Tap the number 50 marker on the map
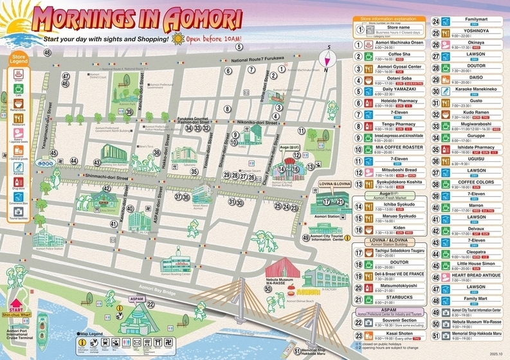pyautogui.click(x=268, y=289)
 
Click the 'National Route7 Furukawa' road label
pyautogui.click(x=257, y=60)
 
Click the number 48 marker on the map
pyautogui.click(x=48, y=51)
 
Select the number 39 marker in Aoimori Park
pyautogui.click(x=129, y=112)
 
